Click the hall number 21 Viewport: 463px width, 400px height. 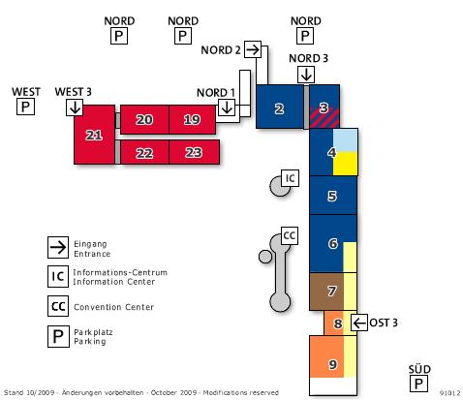click(94, 135)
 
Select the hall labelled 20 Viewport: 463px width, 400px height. click(144, 119)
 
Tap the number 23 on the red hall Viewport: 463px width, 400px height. click(194, 152)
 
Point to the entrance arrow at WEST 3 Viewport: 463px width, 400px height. click(75, 108)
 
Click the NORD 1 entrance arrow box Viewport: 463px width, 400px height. click(227, 107)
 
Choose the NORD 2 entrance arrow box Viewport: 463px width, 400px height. click(253, 49)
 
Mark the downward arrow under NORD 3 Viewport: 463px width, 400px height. click(306, 75)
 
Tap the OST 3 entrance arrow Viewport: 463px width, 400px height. click(359, 323)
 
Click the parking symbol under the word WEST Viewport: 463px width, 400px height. click(25, 107)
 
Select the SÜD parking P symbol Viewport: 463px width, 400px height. click(418, 384)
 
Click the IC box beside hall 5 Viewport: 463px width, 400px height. click(291, 178)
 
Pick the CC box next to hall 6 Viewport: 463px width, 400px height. click(290, 235)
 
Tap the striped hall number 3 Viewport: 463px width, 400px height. click(324, 108)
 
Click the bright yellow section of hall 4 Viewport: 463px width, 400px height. click(345, 164)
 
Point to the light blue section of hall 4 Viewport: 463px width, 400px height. click(345, 140)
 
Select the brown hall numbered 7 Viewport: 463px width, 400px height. click(326, 292)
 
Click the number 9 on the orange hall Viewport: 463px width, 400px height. click(332, 364)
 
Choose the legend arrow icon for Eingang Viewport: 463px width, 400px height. click(58, 248)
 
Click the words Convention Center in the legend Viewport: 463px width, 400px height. click(113, 307)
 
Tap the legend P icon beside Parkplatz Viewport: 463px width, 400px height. click(58, 336)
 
